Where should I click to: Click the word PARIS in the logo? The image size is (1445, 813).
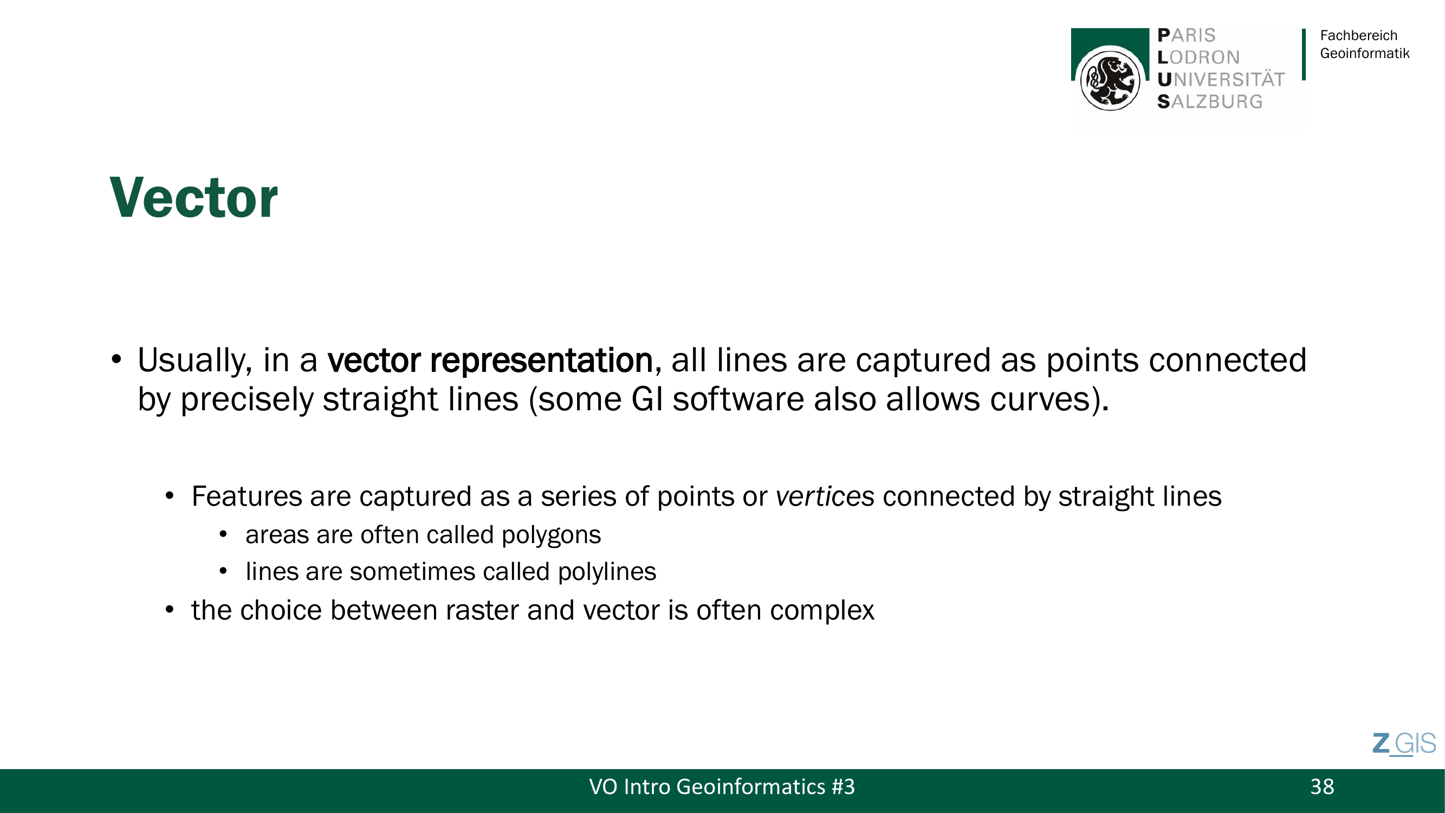pos(1187,35)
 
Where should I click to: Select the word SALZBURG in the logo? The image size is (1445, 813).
pos(1210,101)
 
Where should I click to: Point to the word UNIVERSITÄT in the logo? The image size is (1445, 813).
pos(1221,80)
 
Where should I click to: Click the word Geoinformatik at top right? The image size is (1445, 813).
pos(1364,53)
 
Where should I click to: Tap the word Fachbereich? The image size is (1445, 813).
pos(1358,35)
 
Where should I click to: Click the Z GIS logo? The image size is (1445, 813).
pos(1404,744)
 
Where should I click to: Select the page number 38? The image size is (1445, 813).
pos(1322,786)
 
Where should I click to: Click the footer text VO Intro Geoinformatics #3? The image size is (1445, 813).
pos(722,786)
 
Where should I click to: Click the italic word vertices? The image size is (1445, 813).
pos(825,496)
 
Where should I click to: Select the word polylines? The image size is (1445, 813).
pos(607,572)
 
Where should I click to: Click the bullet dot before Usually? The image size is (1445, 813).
pos(116,360)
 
